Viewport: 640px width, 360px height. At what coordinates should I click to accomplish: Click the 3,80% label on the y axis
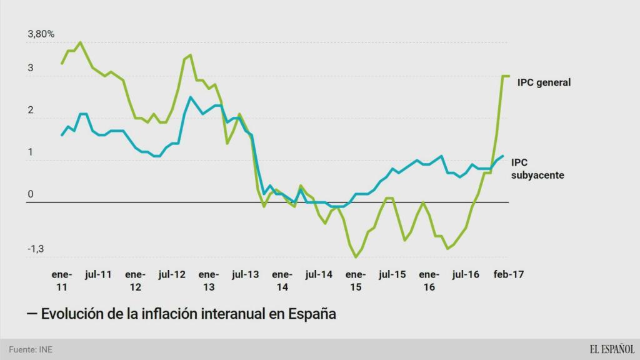click(x=41, y=34)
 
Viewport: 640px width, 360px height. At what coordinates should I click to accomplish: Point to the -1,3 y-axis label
click(x=35, y=249)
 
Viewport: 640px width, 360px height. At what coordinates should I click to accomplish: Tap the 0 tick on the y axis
click(x=30, y=195)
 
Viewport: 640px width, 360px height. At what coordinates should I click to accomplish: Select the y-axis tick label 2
click(x=30, y=111)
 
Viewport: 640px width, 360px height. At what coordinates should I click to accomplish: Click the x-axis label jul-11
click(x=98, y=274)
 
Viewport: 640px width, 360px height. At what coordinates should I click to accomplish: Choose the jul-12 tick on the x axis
click(x=172, y=274)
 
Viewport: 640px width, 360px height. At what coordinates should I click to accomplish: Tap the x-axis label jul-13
click(x=245, y=274)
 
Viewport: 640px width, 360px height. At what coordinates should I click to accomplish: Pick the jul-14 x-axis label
click(x=319, y=274)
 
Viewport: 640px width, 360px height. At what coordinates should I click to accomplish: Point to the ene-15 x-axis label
click(x=356, y=281)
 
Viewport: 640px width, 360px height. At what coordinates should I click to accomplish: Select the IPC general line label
click(x=544, y=82)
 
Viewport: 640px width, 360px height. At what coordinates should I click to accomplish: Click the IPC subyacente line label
click(x=537, y=169)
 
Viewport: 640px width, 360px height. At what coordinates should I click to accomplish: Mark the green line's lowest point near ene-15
click(x=356, y=257)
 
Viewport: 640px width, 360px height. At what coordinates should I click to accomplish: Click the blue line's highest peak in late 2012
click(x=190, y=97)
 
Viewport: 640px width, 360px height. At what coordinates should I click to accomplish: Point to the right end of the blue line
click(x=503, y=156)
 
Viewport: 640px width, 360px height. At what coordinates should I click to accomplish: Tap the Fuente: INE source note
click(x=31, y=349)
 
